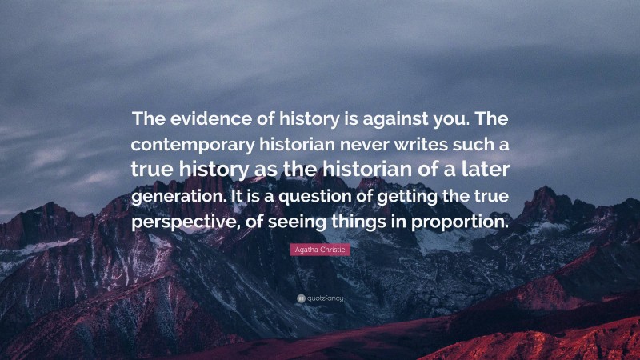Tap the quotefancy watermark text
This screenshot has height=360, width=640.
(x=324, y=298)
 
